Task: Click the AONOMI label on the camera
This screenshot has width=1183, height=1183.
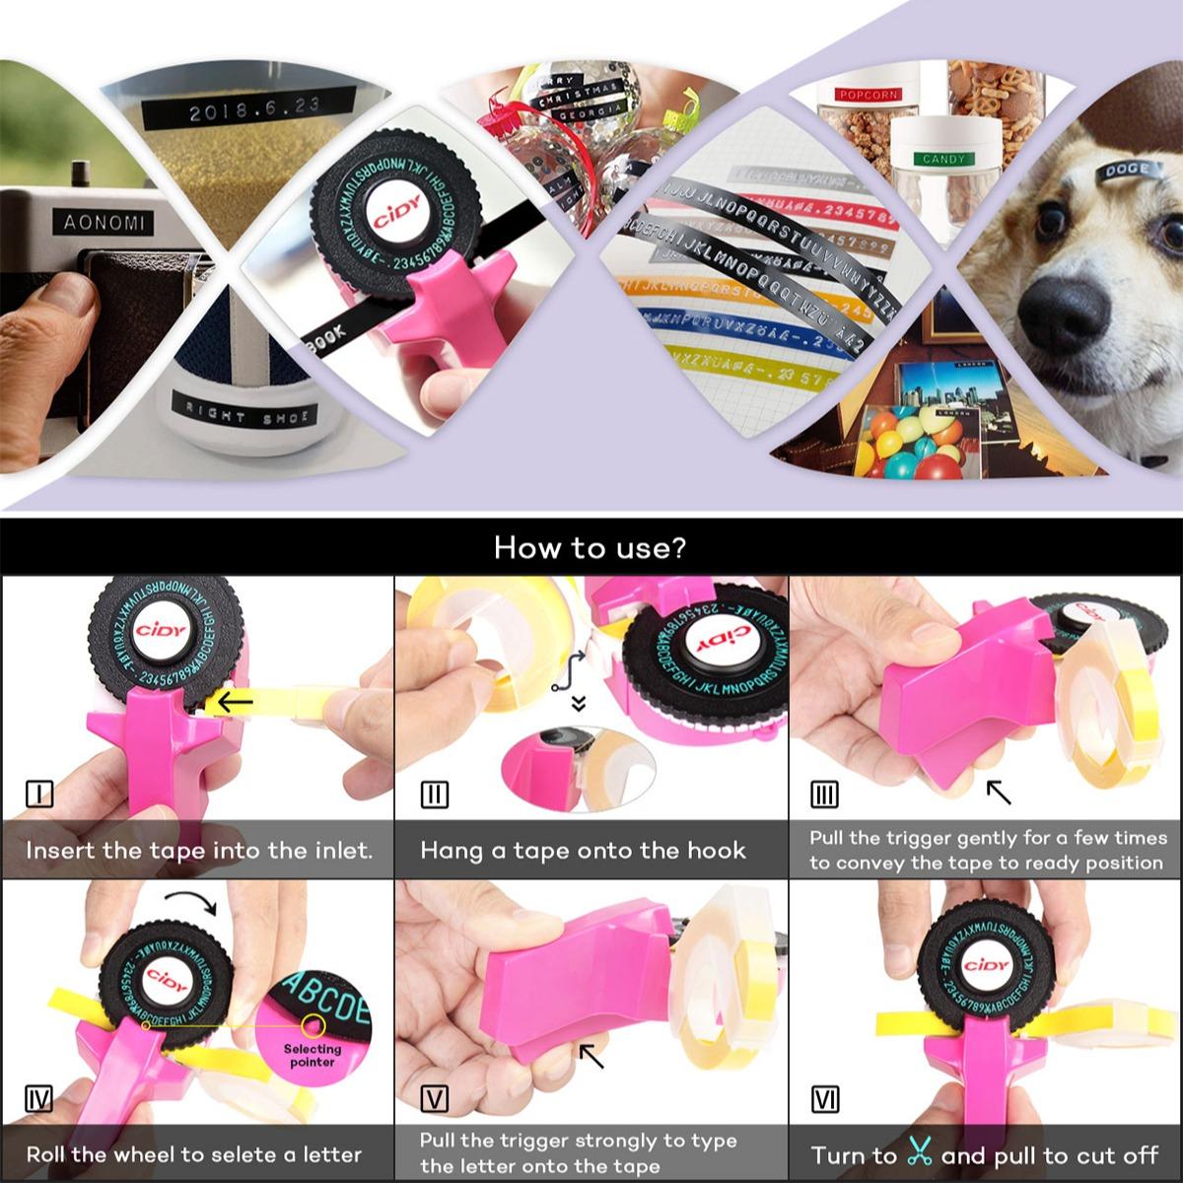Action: [104, 223]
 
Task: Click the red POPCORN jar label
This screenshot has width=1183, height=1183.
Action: [868, 95]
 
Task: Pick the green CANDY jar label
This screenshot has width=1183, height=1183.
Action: [943, 159]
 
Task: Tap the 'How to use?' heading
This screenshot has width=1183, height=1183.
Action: [591, 547]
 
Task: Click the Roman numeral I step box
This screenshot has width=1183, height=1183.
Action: [38, 793]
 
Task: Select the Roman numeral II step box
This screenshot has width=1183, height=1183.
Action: [434, 795]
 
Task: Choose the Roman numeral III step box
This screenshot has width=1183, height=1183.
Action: [824, 795]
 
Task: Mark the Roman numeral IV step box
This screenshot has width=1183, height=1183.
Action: [38, 1098]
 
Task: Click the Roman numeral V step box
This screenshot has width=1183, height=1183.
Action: [434, 1099]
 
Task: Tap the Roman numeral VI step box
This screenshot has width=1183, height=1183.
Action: [824, 1099]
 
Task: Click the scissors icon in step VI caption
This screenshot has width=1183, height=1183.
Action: [919, 1152]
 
